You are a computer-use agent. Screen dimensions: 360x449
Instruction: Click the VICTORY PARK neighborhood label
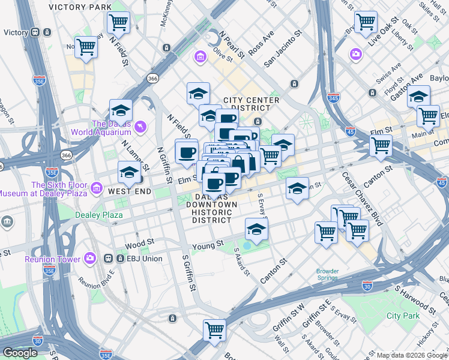80,7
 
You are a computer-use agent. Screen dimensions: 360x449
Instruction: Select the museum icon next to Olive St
199,58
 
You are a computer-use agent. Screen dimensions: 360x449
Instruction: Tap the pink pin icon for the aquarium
140,126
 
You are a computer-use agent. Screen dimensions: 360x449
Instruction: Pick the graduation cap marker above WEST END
129,173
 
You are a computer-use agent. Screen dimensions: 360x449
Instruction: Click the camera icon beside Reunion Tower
90,259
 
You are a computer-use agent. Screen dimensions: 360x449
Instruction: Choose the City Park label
403,315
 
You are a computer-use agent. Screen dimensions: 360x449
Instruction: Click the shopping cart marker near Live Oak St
366,23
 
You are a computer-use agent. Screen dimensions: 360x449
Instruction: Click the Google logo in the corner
20,353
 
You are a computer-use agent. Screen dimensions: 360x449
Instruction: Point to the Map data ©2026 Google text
411,355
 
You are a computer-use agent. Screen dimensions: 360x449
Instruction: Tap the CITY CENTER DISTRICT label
251,104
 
